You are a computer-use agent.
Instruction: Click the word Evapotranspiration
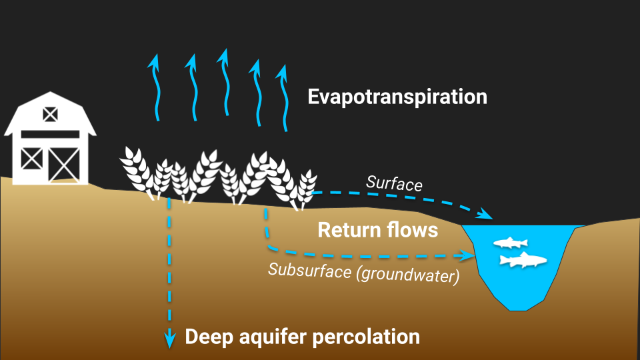click(x=397, y=97)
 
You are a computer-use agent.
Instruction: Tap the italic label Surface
click(x=394, y=183)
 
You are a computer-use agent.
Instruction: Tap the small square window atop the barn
click(x=50, y=114)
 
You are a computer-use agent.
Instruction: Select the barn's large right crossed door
click(x=65, y=163)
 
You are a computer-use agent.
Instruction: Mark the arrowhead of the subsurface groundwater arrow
click(x=465, y=254)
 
